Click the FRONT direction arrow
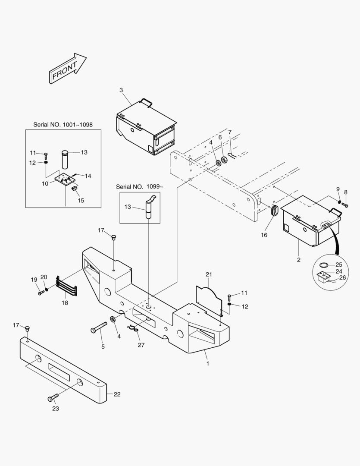pos(67,69)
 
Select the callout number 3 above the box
pos(121,90)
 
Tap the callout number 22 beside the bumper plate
pos(117,394)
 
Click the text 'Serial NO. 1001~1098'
pos(63,124)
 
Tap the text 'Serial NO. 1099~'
pos(139,186)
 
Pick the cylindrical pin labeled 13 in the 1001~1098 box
pos(65,160)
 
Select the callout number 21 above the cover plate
pos(209,274)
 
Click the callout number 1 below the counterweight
pos(207,363)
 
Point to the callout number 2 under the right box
pos(298,260)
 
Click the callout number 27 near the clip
pos(141,345)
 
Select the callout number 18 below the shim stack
pos(65,303)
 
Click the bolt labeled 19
pos(41,293)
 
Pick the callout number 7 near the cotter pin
pos(230,132)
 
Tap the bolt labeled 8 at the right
pos(344,204)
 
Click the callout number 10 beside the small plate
pos(45,183)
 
